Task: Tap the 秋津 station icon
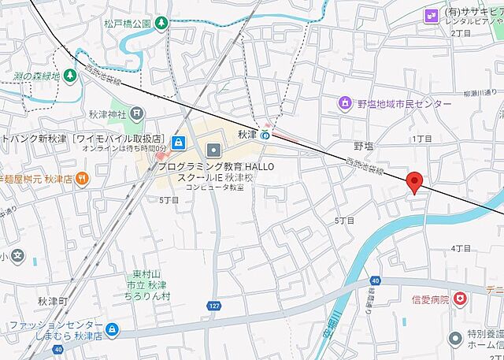point(266,135)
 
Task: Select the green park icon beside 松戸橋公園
point(161,24)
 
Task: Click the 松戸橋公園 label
point(127,24)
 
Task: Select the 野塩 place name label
point(362,146)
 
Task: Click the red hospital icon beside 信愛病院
point(460,299)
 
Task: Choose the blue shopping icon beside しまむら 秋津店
point(113,328)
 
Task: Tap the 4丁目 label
point(461,248)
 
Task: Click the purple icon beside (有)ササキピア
point(431,14)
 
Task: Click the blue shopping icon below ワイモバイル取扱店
point(179,143)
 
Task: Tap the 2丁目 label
point(461,33)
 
